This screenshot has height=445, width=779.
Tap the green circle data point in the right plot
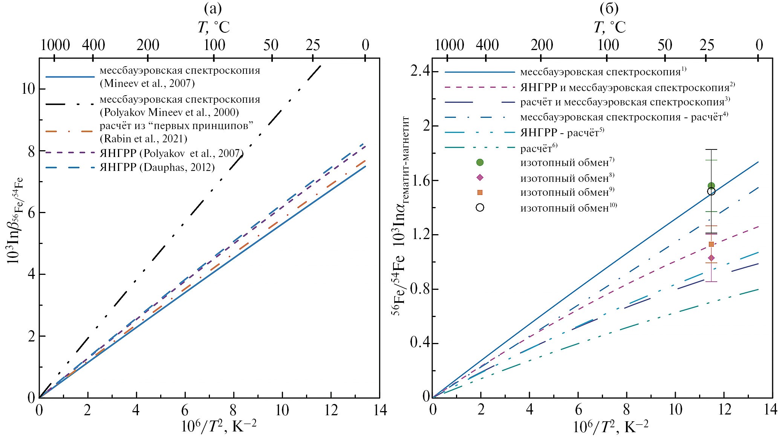tap(711, 186)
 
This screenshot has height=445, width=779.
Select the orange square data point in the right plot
tap(711, 244)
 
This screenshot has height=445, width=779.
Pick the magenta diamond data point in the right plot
tap(711, 258)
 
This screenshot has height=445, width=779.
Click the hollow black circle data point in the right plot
tap(711, 192)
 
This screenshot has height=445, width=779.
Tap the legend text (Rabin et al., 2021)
tap(144, 139)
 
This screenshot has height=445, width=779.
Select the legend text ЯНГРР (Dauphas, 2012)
tap(157, 167)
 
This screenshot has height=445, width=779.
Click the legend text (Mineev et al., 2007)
tap(147, 84)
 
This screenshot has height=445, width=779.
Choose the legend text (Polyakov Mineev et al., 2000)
tap(169, 112)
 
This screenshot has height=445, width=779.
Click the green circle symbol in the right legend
tap(480, 162)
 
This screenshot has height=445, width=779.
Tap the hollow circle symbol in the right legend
tap(480, 208)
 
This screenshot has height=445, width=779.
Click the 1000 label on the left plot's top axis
tap(55, 46)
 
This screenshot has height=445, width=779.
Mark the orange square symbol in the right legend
tap(480, 192)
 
